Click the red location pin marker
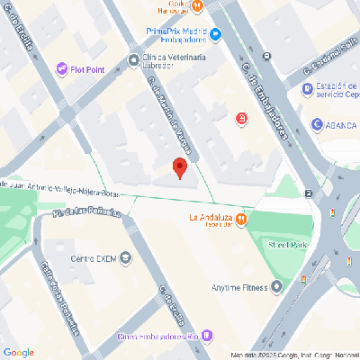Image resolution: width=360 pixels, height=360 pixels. pos(179,167)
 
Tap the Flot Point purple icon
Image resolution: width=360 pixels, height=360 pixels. pos(62,68)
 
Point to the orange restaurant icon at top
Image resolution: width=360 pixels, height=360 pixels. pos(209,5)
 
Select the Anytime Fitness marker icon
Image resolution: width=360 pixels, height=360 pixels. pos(276,287)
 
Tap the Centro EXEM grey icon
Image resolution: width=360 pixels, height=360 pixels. pos(126,259)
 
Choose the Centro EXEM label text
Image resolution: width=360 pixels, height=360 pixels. pos(94,259)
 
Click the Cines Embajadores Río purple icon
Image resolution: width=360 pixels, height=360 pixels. pos(208,336)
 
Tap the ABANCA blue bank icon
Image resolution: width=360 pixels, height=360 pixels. pos(317,125)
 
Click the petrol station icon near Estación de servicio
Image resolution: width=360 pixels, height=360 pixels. pos(306,88)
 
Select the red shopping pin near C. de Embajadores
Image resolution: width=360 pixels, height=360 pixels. pos(241,118)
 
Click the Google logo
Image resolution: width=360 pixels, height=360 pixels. pos(18,351)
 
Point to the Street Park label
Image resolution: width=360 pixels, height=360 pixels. pos(287,245)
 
